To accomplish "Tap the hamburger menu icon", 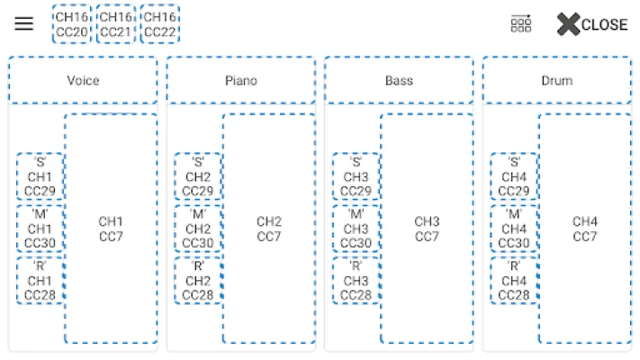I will click(x=24, y=24).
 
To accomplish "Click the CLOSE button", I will click(x=591, y=24).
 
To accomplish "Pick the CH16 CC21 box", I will click(x=114, y=24).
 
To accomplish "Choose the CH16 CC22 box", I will click(x=159, y=24).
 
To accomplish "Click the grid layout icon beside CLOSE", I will click(x=520, y=24).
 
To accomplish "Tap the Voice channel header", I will click(x=83, y=81).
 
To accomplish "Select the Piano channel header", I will click(x=240, y=81).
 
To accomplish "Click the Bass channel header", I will click(x=399, y=81).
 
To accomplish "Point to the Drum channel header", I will click(x=556, y=81).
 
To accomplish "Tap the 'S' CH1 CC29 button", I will click(x=40, y=176).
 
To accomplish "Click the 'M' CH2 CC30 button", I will click(x=198, y=229).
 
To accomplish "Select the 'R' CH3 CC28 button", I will click(x=356, y=281).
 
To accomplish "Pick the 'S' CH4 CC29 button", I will click(x=514, y=176).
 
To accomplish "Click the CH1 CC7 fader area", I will click(x=111, y=229).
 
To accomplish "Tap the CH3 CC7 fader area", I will click(x=427, y=229).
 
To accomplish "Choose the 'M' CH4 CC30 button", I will click(x=514, y=229).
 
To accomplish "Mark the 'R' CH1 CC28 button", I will click(x=40, y=281).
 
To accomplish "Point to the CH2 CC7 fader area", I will click(x=269, y=229).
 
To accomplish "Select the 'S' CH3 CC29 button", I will click(x=356, y=176).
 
